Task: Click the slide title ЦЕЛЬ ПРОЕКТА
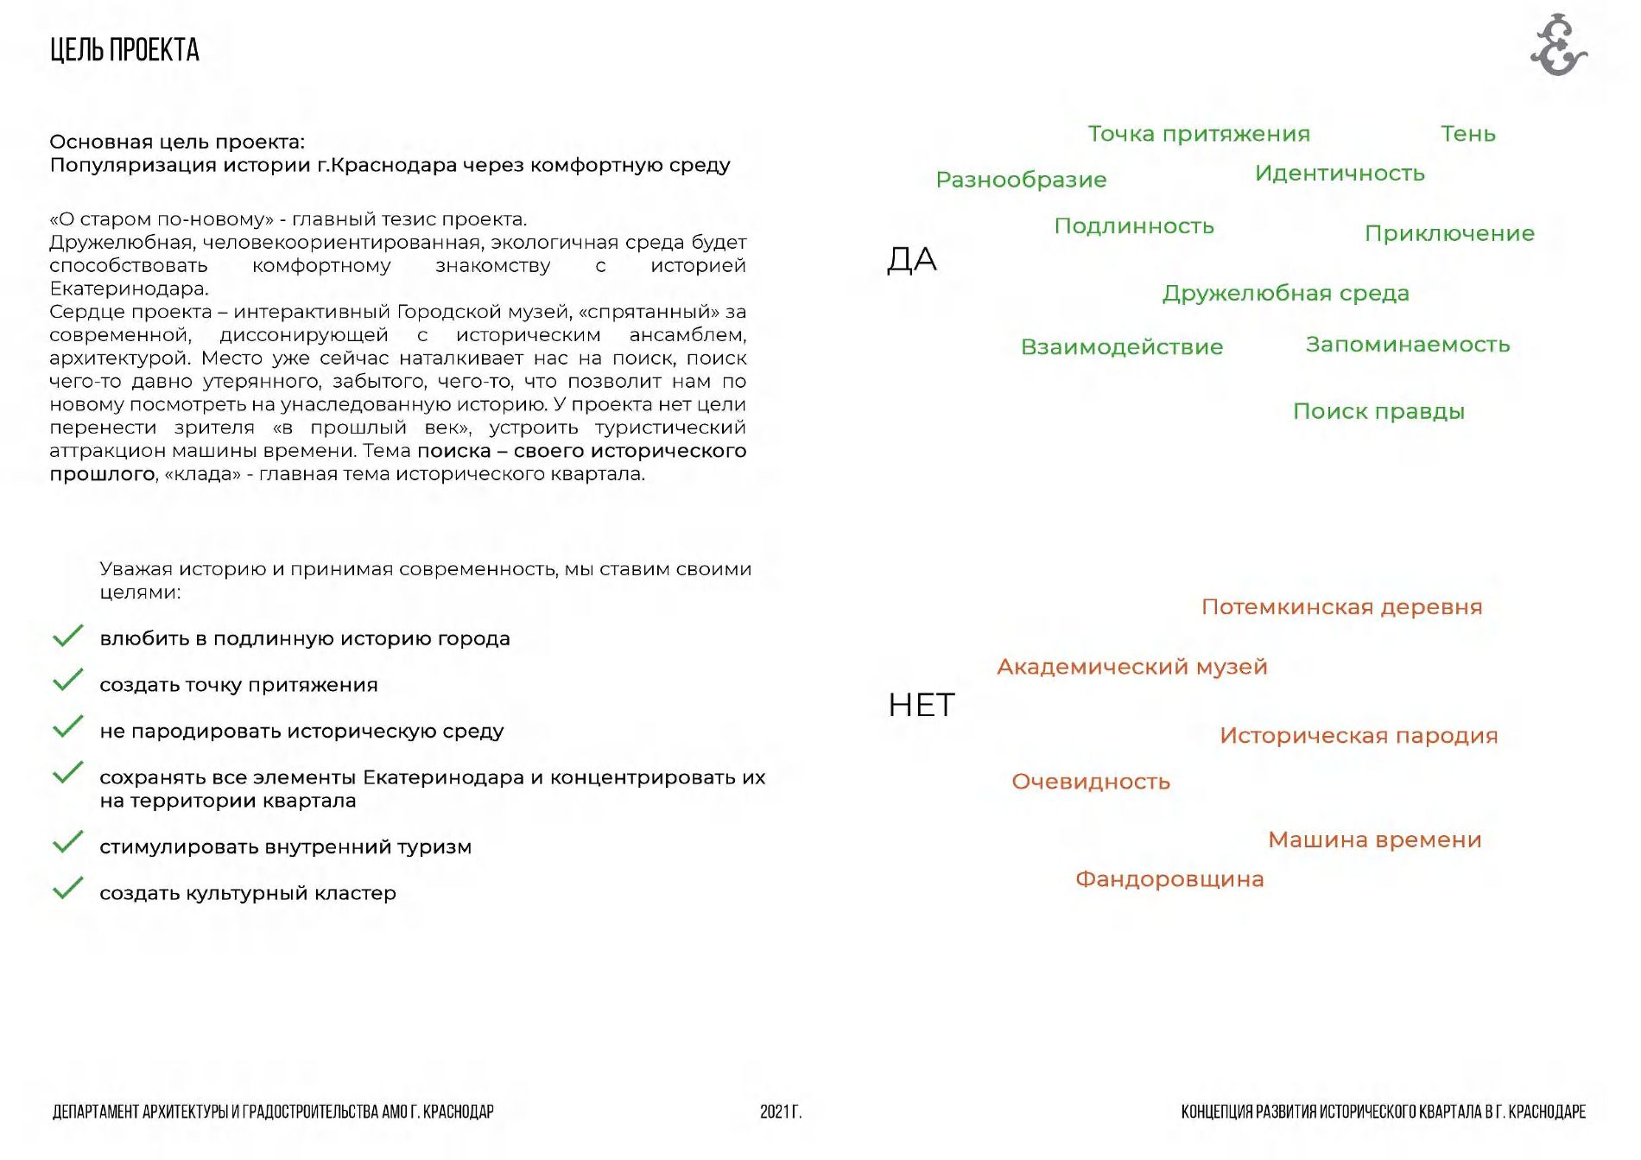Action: (124, 50)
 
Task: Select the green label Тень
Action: (1467, 134)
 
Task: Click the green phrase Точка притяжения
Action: (1198, 134)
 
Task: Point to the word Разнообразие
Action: (1021, 180)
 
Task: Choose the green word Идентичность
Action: (1340, 174)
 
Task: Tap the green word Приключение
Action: (1449, 233)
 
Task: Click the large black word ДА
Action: (912, 259)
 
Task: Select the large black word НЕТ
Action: (922, 705)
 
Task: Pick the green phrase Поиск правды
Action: (1378, 411)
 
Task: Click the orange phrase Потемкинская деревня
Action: (1341, 607)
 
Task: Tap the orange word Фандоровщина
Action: (1169, 879)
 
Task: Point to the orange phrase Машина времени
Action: (1374, 840)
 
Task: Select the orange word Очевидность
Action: (1091, 782)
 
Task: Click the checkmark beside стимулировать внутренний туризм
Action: (67, 842)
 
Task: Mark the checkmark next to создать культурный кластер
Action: (67, 888)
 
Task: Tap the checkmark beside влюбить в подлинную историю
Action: (67, 635)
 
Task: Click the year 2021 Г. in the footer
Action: (781, 1112)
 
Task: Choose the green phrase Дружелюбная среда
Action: (1285, 294)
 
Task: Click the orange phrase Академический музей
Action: (1131, 667)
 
